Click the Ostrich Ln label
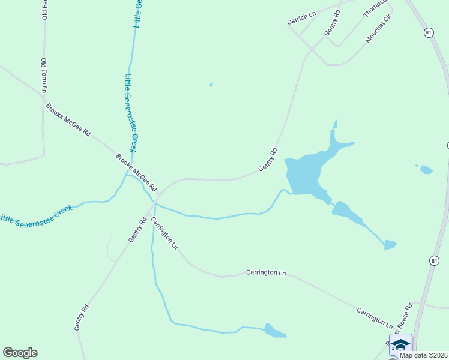pyautogui.click(x=301, y=18)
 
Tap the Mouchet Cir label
pyautogui.click(x=378, y=29)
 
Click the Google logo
pyautogui.click(x=20, y=353)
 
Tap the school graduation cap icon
pyautogui.click(x=400, y=345)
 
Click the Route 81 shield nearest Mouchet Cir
pyautogui.click(x=427, y=32)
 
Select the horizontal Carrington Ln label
pyautogui.click(x=266, y=272)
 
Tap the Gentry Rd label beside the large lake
pyautogui.click(x=268, y=159)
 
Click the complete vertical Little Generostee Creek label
pyautogui.click(x=131, y=113)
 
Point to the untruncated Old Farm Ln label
pyautogui.click(x=44, y=75)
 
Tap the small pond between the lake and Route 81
pyautogui.click(x=426, y=170)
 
